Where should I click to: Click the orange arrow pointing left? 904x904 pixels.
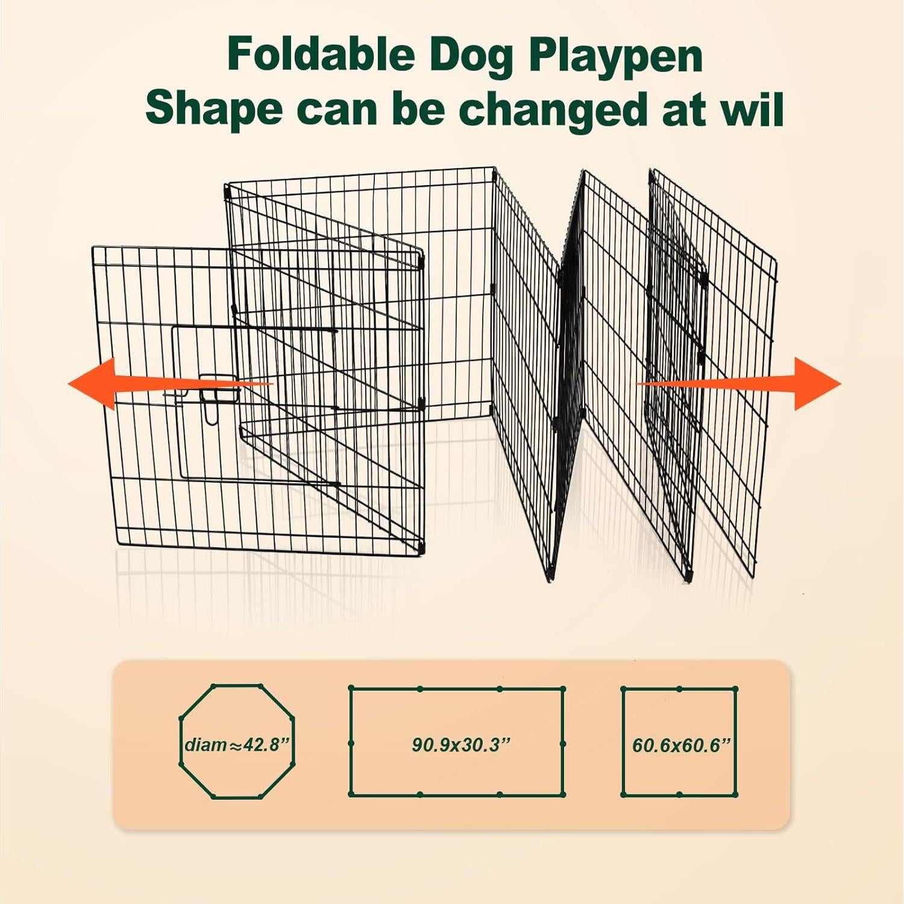click(102, 384)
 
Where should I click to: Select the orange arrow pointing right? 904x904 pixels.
click(808, 384)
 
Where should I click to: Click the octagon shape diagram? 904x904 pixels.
click(237, 741)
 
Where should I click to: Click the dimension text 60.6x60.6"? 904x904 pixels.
click(681, 745)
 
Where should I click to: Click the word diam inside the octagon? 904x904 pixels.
click(206, 745)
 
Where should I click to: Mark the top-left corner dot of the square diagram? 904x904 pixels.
click(623, 689)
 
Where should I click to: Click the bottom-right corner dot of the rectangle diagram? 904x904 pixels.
click(563, 794)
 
